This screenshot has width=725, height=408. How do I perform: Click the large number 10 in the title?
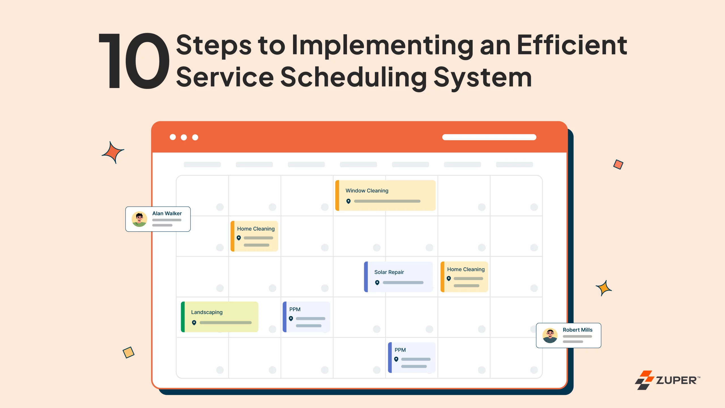click(x=134, y=61)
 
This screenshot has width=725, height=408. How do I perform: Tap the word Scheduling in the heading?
click(x=354, y=77)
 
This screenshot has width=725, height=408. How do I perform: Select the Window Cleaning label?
click(x=367, y=191)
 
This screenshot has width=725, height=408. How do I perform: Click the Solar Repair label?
click(x=389, y=272)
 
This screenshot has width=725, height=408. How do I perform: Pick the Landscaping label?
click(x=207, y=312)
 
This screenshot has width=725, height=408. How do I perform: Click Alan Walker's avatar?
click(x=139, y=219)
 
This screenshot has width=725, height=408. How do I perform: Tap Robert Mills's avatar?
click(x=550, y=335)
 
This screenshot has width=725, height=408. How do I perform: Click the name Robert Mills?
click(x=577, y=330)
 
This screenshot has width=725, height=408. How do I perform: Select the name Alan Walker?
click(x=167, y=213)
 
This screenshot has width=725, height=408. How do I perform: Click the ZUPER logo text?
click(x=676, y=380)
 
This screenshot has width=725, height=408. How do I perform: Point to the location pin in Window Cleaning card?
click(x=348, y=201)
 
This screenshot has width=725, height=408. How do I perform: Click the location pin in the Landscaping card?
click(x=194, y=323)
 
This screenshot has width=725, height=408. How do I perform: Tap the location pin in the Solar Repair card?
click(x=377, y=282)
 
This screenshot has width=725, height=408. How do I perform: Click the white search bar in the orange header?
click(x=489, y=137)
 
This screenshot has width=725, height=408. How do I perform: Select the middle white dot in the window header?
click(x=184, y=137)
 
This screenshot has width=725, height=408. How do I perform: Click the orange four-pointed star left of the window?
click(x=113, y=153)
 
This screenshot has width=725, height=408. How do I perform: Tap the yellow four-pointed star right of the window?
click(x=604, y=288)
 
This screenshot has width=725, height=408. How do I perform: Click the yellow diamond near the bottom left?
click(x=129, y=353)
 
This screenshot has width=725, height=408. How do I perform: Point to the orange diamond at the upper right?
click(x=618, y=164)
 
